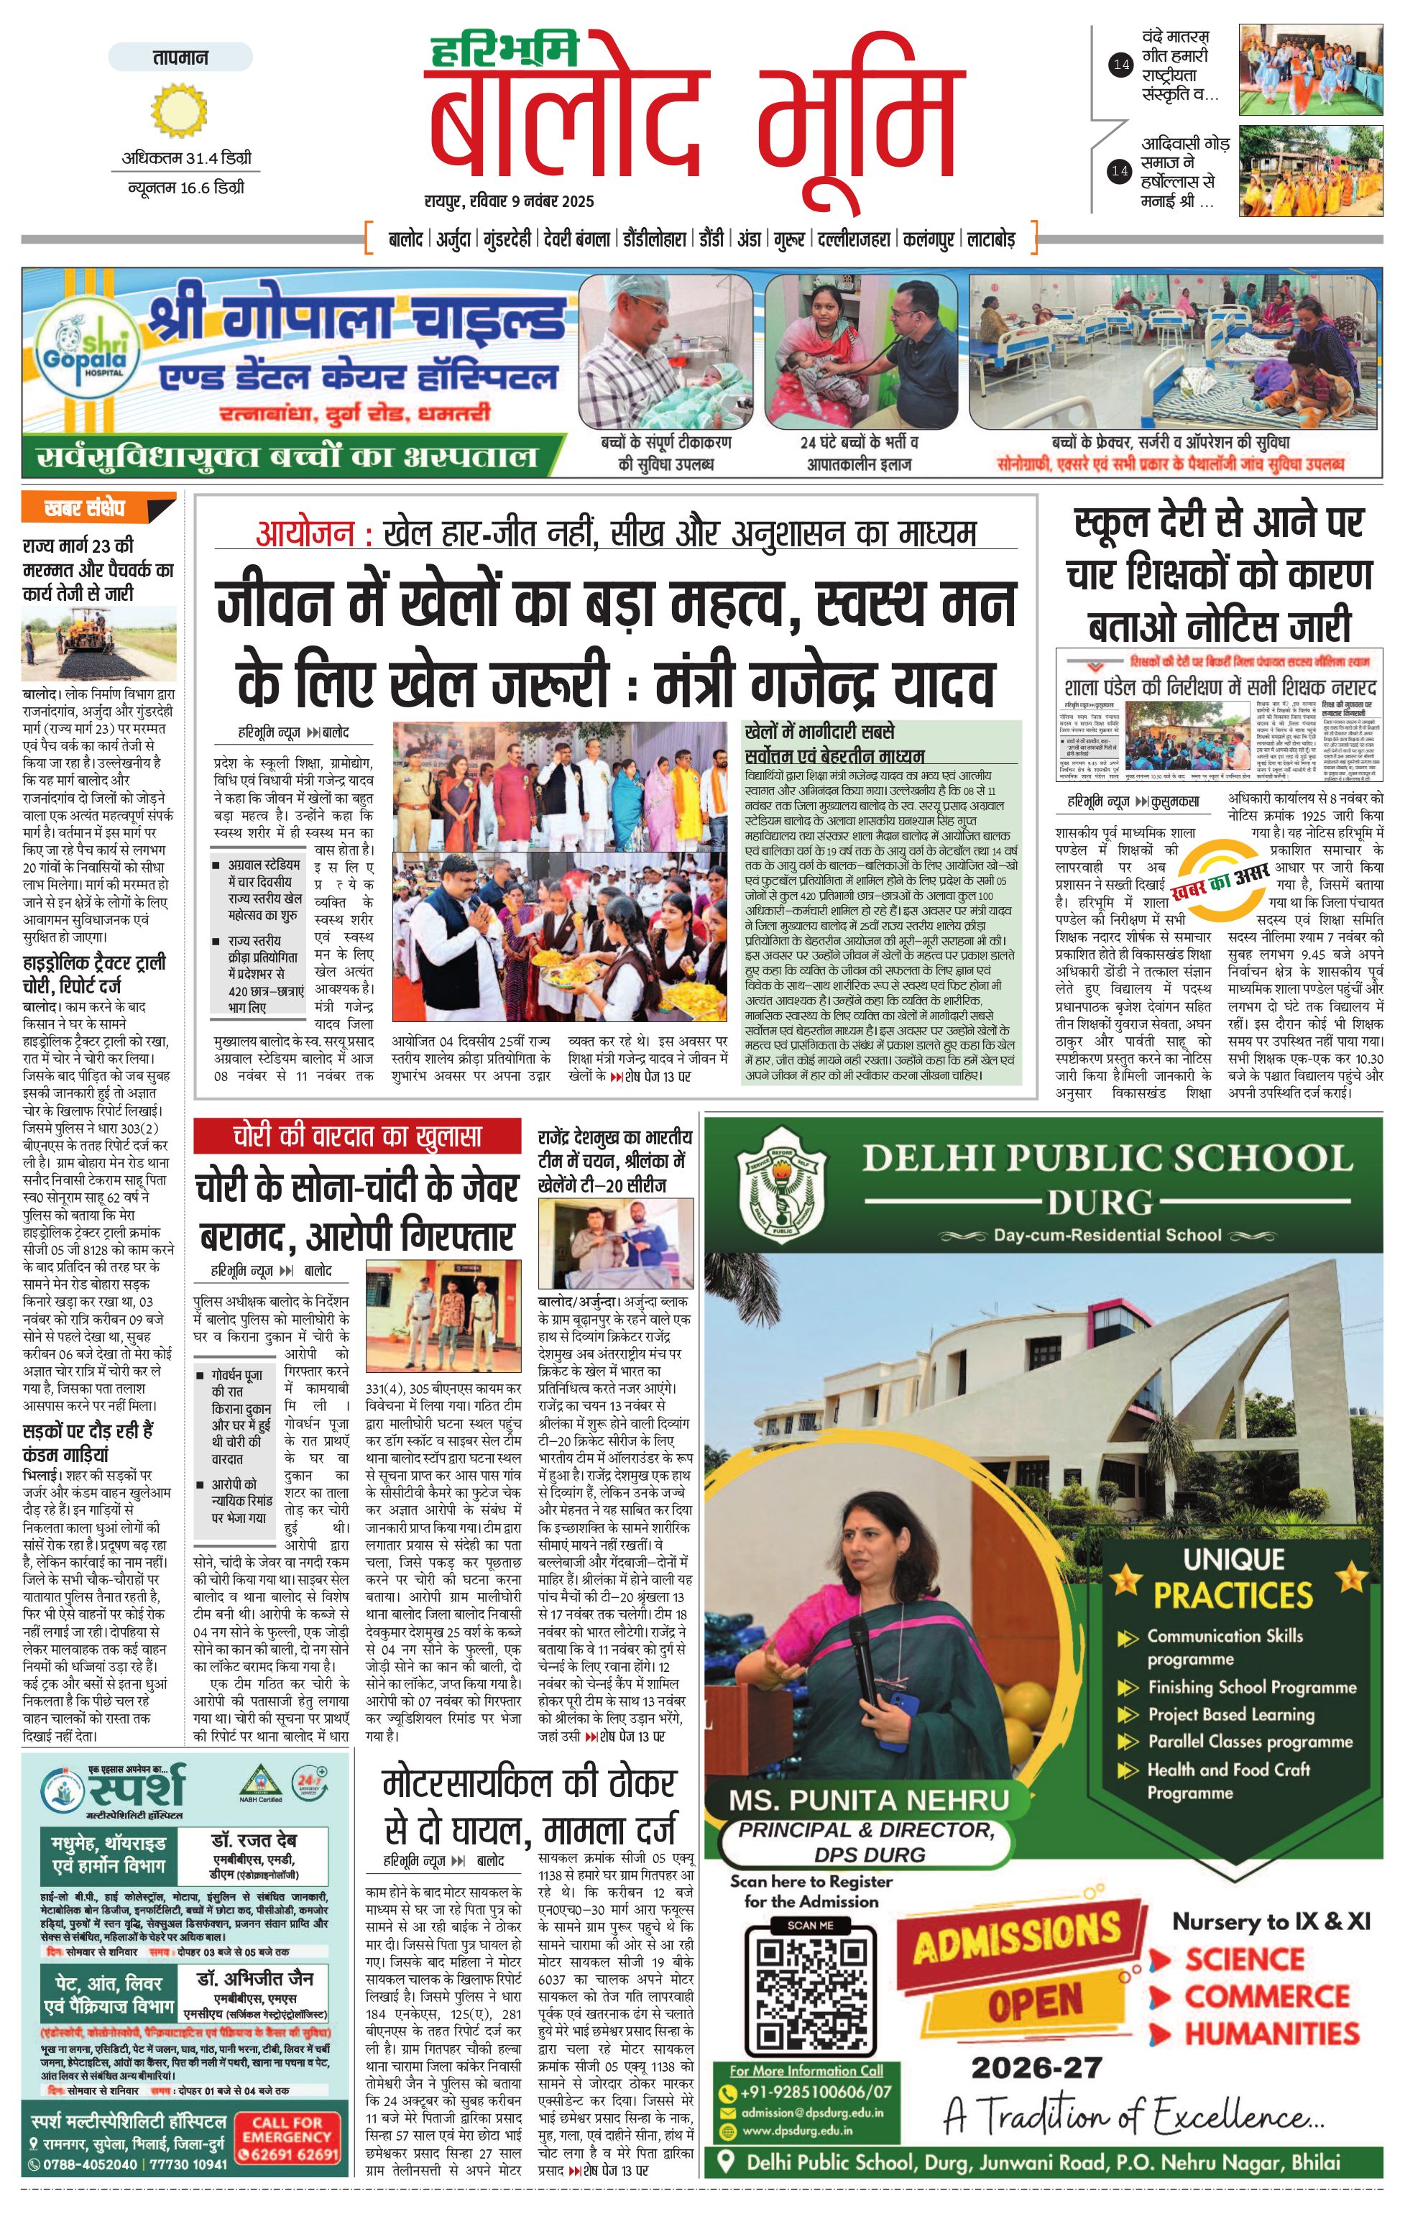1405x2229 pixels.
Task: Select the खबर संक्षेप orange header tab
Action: [x=97, y=508]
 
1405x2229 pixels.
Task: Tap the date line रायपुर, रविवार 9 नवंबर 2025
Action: [x=509, y=201]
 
